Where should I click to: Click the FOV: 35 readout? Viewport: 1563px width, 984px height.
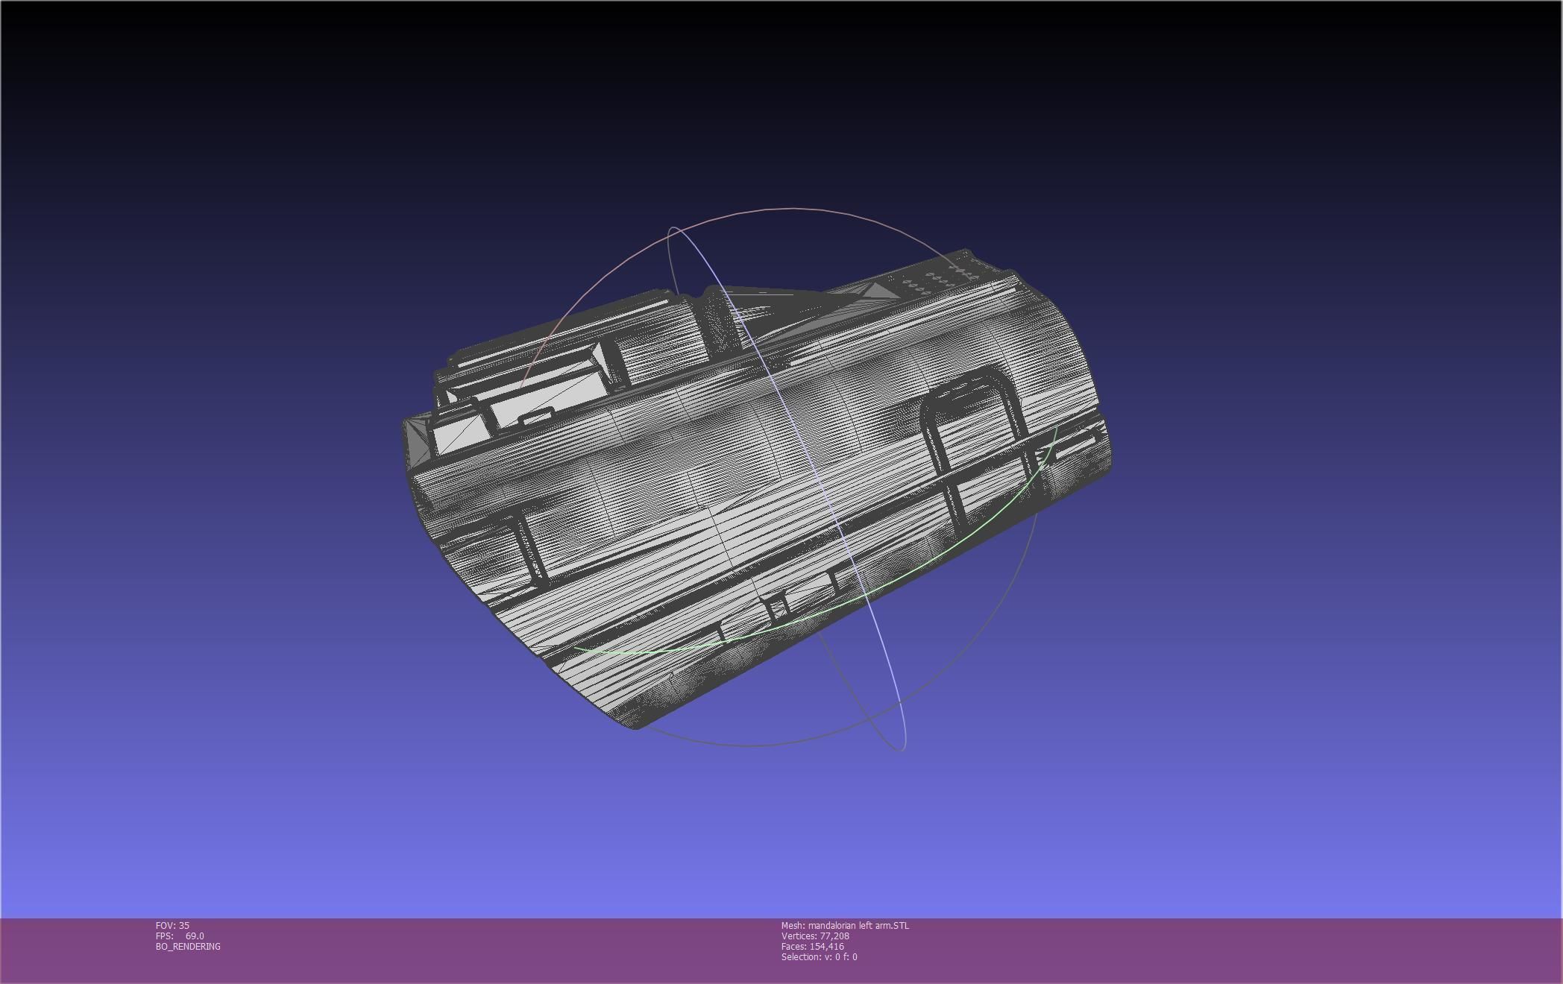172,925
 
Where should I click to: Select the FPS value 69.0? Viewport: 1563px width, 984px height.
195,936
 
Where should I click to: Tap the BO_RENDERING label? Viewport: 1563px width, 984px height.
188,946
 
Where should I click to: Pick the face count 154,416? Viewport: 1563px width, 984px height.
827,946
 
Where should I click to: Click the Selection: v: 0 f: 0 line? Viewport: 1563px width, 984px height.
819,956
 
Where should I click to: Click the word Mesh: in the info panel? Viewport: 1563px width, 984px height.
793,925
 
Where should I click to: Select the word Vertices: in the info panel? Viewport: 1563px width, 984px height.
799,936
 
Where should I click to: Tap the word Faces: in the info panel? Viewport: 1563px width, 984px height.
794,946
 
